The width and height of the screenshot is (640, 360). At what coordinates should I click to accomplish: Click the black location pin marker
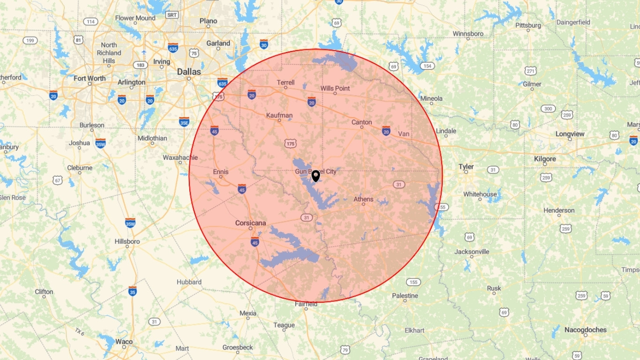pos(316,176)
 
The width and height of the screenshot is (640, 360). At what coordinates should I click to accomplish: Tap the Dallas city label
pos(189,72)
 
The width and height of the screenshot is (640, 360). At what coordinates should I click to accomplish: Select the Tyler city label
pos(466,166)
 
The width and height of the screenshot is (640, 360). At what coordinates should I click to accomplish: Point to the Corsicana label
pos(251,223)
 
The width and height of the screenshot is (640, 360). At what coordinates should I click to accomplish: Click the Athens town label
pos(364,199)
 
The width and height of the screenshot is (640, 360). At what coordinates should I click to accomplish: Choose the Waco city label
pos(124,342)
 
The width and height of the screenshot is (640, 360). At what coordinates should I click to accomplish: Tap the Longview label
pos(570,134)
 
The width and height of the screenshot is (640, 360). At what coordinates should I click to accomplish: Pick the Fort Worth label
pos(90,78)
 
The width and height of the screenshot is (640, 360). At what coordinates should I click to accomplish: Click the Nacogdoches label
pos(585,330)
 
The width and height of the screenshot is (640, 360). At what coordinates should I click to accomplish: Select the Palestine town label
pos(405,296)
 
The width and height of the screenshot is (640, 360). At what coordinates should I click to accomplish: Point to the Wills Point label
pos(335,88)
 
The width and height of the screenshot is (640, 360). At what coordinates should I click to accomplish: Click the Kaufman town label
pos(279,115)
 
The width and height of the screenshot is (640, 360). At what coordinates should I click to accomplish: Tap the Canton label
pos(362,122)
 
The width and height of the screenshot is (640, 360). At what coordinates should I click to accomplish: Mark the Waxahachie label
pos(180,157)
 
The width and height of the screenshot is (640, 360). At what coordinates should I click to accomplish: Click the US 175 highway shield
pos(290,142)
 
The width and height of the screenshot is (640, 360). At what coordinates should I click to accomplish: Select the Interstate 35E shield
pos(184,122)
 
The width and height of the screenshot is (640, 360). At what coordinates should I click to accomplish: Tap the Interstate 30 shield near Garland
pos(264,44)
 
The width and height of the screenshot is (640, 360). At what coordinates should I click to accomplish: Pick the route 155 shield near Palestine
pos(413,282)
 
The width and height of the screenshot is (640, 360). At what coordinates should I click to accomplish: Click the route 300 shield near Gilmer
pos(548,109)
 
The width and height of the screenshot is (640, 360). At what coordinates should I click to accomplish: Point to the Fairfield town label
pos(306,304)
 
